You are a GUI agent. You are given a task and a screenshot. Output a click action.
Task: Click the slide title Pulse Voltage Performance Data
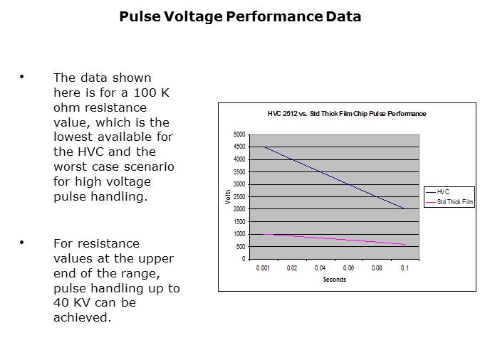pyautogui.click(x=240, y=16)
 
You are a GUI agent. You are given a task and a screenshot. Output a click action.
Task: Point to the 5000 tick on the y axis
pyautogui.click(x=239, y=134)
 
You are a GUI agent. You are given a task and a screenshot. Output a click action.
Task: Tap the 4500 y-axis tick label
pyautogui.click(x=239, y=147)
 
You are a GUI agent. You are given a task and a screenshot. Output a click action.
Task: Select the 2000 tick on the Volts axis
pyautogui.click(x=239, y=209)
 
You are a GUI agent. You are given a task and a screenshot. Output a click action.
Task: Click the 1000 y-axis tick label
pyautogui.click(x=239, y=234)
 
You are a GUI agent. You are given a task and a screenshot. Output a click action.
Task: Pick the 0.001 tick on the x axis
pyautogui.click(x=264, y=268)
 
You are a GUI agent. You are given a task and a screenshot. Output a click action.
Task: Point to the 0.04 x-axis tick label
pyautogui.click(x=320, y=268)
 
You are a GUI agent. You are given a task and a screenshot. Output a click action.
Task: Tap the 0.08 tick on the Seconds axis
pyautogui.click(x=377, y=268)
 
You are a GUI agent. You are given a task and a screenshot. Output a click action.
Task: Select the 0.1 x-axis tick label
pyautogui.click(x=405, y=268)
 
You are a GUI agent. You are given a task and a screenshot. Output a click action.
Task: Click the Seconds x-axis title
pyautogui.click(x=334, y=280)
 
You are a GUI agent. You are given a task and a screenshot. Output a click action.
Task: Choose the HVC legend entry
pyautogui.click(x=443, y=192)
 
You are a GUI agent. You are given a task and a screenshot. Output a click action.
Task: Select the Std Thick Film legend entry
pyautogui.click(x=454, y=202)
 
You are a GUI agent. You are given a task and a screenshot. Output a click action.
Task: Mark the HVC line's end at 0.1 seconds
pyautogui.click(x=405, y=209)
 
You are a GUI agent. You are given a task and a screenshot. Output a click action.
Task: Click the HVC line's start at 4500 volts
pyautogui.click(x=264, y=147)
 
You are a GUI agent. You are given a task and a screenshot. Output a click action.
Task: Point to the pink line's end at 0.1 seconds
pyautogui.click(x=405, y=244)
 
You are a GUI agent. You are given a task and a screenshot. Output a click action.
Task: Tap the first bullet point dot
pyautogui.click(x=22, y=77)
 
